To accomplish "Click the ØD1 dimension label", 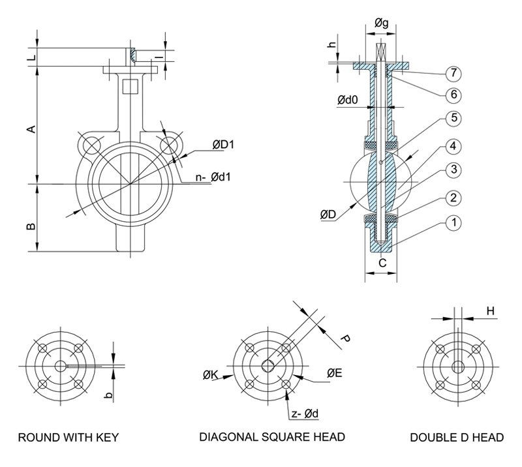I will [222, 145].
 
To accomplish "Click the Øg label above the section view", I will [382, 24].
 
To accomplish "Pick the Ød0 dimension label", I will [348, 100].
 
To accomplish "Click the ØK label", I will [211, 374].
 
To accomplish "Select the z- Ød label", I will [305, 413].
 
